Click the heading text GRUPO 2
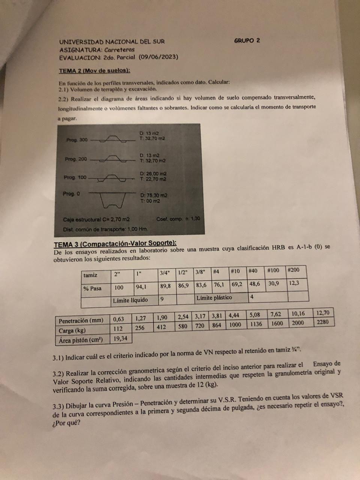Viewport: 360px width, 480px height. pos(247,40)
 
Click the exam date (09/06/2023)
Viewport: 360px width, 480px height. pos(158,57)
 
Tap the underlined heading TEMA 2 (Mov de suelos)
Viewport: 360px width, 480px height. pos(94,70)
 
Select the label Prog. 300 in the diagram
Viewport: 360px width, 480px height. pos(77,140)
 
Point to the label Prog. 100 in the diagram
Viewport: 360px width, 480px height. pos(75,177)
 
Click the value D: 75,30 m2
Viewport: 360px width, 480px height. pos(154,195)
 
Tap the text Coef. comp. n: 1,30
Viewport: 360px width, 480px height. pos(178,219)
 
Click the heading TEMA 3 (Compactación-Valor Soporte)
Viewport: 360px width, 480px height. pos(115,243)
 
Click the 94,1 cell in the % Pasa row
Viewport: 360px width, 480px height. pos(141,287)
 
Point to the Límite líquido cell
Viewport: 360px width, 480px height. pos(130,300)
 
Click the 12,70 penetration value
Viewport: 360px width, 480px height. pos(322,313)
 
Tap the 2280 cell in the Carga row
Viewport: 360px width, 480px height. pos(322,322)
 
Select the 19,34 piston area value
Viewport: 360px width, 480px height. pos(120,339)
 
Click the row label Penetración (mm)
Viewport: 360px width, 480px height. pos(81,321)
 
